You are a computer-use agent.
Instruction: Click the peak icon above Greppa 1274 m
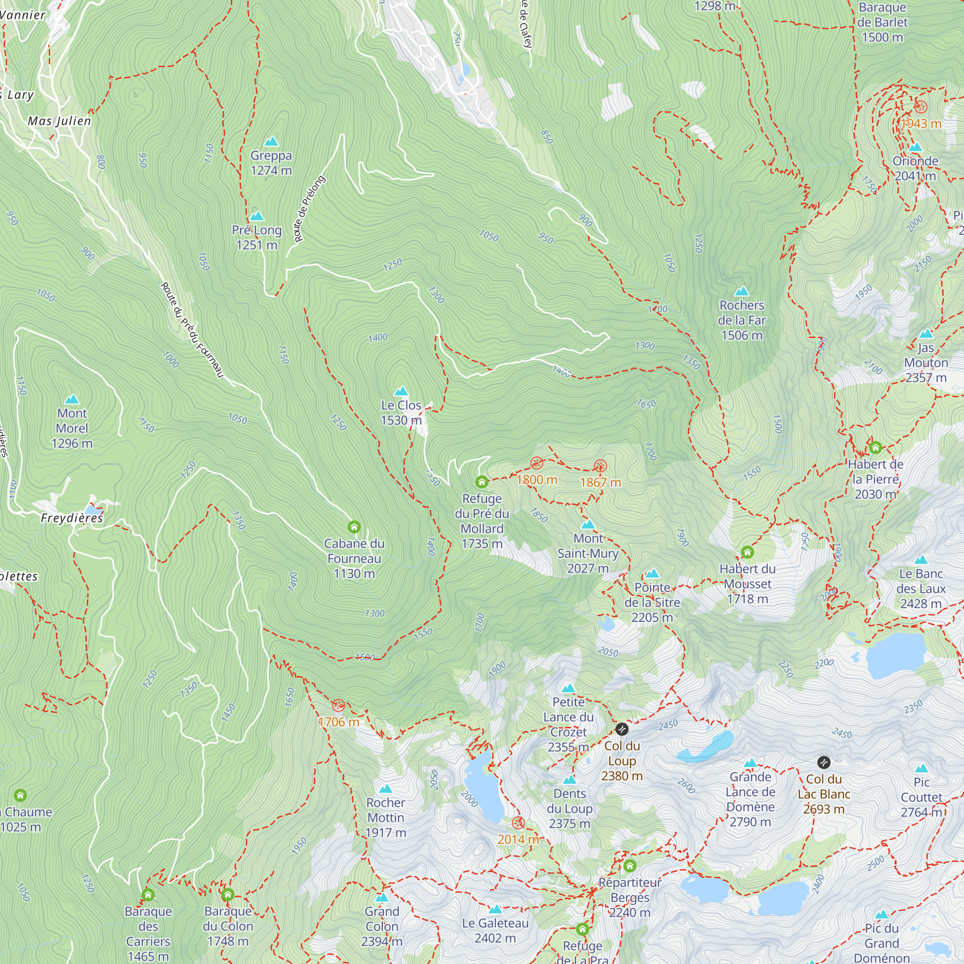(x=271, y=142)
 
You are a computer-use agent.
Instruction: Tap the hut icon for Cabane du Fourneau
(x=354, y=527)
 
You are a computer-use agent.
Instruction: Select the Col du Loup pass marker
(x=621, y=729)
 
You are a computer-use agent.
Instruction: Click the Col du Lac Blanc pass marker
(x=823, y=763)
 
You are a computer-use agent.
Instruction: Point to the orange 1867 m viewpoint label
(x=600, y=482)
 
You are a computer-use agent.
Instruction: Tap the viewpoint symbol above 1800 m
(x=536, y=463)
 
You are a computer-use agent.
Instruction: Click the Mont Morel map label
(x=72, y=428)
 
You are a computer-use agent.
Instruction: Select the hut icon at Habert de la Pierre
(x=875, y=448)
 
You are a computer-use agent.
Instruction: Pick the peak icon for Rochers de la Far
(x=741, y=292)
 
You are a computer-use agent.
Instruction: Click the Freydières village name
(x=71, y=518)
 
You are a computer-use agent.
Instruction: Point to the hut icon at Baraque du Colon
(x=228, y=895)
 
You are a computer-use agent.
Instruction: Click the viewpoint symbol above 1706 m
(x=338, y=705)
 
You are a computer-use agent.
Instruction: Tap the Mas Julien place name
(x=59, y=121)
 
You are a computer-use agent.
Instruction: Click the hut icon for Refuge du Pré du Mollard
(x=482, y=482)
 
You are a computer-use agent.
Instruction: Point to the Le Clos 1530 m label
(x=401, y=413)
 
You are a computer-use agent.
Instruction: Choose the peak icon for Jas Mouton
(x=925, y=335)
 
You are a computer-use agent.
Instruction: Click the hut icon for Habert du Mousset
(x=747, y=552)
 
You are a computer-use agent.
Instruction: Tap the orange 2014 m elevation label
(x=518, y=839)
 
